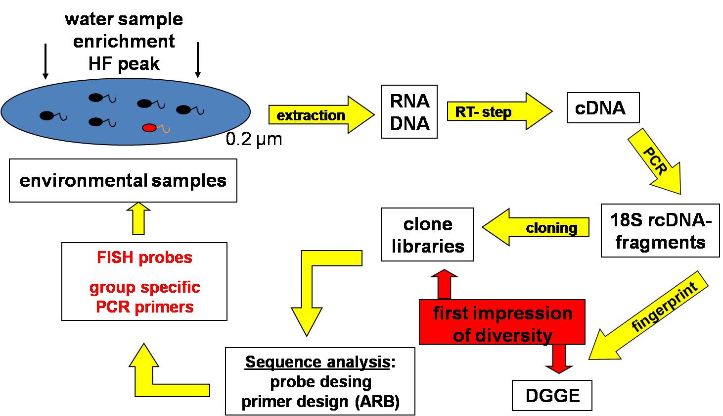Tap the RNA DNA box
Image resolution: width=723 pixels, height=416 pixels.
(x=409, y=111)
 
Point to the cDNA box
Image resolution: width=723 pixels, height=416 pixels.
(x=602, y=108)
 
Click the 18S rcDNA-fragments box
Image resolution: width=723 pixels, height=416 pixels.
(x=660, y=230)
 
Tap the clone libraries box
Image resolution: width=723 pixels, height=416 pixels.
(x=427, y=235)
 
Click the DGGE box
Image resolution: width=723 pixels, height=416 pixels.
(x=552, y=395)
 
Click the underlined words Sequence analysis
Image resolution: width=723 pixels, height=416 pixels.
(x=317, y=362)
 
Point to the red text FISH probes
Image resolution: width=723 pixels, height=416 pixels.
(x=144, y=258)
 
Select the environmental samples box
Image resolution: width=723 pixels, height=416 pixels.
(x=123, y=180)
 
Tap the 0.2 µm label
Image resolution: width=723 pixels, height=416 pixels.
(x=254, y=139)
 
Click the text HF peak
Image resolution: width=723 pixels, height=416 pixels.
(x=124, y=64)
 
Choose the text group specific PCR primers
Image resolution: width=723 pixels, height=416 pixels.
(x=144, y=297)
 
